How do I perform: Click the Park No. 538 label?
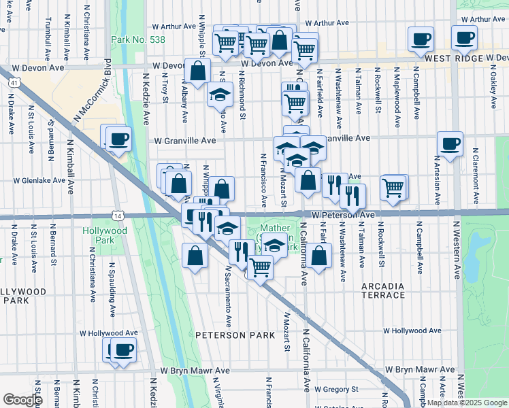(138, 40)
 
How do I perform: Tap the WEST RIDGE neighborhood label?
(453, 59)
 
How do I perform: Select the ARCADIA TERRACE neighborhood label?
(382, 290)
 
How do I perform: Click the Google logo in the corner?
(23, 400)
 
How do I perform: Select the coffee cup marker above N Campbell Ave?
(421, 39)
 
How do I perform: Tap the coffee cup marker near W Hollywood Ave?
(123, 350)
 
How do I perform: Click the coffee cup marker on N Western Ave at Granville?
(450, 144)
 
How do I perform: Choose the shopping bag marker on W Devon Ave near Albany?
(197, 71)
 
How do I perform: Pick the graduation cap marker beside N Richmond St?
(220, 94)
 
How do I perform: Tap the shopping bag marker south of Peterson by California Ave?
(318, 256)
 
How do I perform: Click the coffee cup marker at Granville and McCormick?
(118, 139)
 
